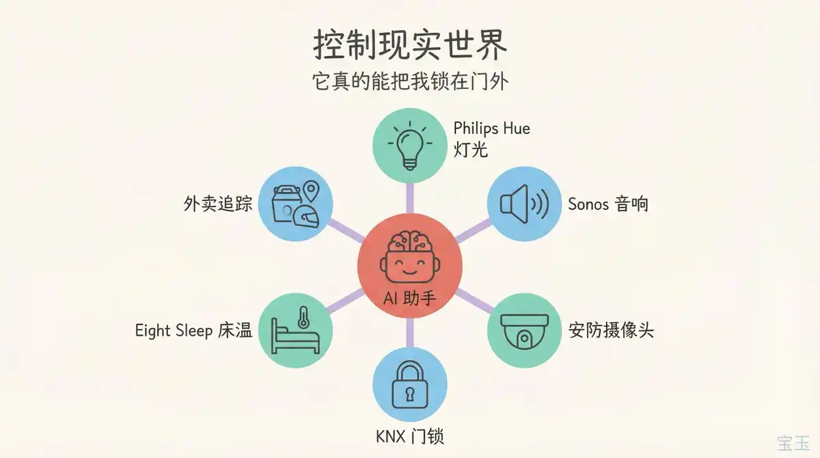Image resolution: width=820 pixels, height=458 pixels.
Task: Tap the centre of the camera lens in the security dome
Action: [524, 338]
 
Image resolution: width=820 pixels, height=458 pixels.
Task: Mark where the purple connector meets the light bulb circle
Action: [409, 183]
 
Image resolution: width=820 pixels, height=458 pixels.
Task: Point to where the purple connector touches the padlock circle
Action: [409, 348]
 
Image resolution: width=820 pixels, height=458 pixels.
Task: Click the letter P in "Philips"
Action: [457, 129]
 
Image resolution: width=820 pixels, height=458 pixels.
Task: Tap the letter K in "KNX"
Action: [381, 437]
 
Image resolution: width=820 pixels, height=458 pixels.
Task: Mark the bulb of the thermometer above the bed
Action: [303, 323]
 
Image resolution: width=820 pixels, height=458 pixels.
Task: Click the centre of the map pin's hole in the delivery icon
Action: [311, 189]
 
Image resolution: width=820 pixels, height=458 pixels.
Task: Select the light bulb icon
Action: [410, 146]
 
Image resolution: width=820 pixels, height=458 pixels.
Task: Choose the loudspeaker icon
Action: [524, 204]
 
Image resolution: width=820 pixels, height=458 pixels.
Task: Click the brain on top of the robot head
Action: [410, 241]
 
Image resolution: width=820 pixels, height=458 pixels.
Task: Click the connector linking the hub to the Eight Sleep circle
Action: [346, 301]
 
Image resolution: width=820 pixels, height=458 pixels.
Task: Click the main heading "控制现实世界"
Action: [410, 44]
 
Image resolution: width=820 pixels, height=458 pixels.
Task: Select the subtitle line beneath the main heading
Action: [410, 81]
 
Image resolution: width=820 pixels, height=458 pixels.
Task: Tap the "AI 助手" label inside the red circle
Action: [409, 299]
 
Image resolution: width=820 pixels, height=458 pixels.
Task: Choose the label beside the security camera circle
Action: [611, 330]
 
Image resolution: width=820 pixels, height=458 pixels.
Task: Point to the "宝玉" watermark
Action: [793, 444]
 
